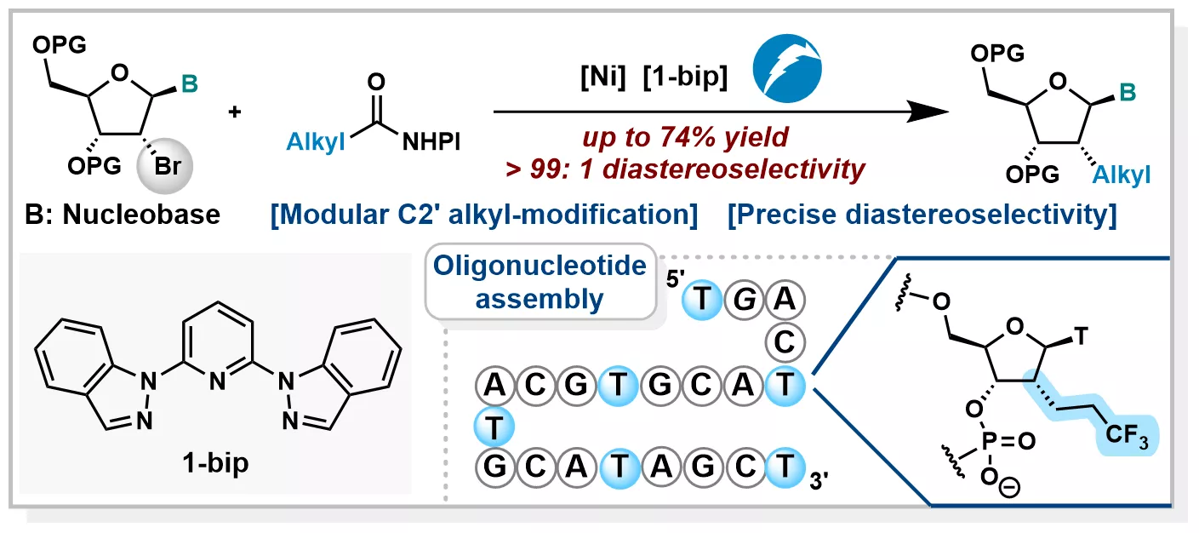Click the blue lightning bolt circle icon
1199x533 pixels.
(x=787, y=68)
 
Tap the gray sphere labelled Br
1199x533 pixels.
(x=165, y=165)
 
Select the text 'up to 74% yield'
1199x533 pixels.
(x=685, y=137)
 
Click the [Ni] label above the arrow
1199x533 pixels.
(x=602, y=77)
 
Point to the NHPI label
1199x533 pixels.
(x=431, y=142)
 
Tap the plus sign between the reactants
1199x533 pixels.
(x=235, y=112)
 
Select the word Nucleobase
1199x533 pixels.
(x=141, y=215)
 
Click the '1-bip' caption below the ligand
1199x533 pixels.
(x=215, y=463)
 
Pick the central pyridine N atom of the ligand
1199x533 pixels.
(x=217, y=381)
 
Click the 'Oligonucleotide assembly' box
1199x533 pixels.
(x=540, y=282)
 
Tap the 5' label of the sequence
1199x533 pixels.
(x=675, y=278)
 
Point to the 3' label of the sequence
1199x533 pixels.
(x=819, y=480)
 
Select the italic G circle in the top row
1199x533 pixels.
(x=744, y=300)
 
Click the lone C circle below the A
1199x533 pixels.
(x=785, y=341)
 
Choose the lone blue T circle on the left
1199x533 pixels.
(x=494, y=427)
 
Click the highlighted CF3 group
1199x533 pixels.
(x=1126, y=435)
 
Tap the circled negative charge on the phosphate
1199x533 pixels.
(x=1009, y=488)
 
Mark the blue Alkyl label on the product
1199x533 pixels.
(x=1121, y=175)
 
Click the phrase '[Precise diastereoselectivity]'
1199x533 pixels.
(x=922, y=215)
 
